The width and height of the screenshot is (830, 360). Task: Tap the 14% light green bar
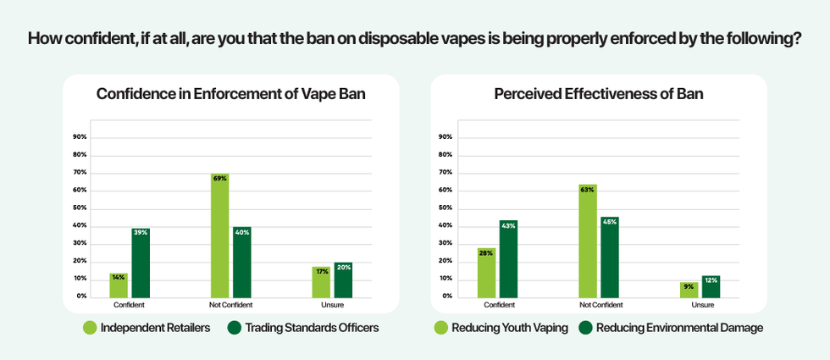119,285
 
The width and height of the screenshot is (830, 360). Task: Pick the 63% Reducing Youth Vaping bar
588,241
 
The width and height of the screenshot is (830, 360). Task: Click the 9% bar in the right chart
689,289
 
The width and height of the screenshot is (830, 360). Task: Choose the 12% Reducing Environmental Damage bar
711,286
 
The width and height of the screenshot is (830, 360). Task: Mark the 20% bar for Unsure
343,280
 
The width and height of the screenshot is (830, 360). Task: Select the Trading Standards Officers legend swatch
235,327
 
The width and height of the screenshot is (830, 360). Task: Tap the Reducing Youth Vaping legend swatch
440,327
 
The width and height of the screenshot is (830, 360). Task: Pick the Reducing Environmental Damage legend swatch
585,327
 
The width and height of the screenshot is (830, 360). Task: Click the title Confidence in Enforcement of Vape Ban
231,94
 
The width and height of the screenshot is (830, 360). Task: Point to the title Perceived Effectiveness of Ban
599,94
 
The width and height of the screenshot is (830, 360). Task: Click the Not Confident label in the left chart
230,304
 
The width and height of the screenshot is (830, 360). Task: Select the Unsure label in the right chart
702,304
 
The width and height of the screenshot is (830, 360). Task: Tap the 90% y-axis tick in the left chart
80,137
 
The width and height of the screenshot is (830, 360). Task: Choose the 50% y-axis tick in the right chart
445,208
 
